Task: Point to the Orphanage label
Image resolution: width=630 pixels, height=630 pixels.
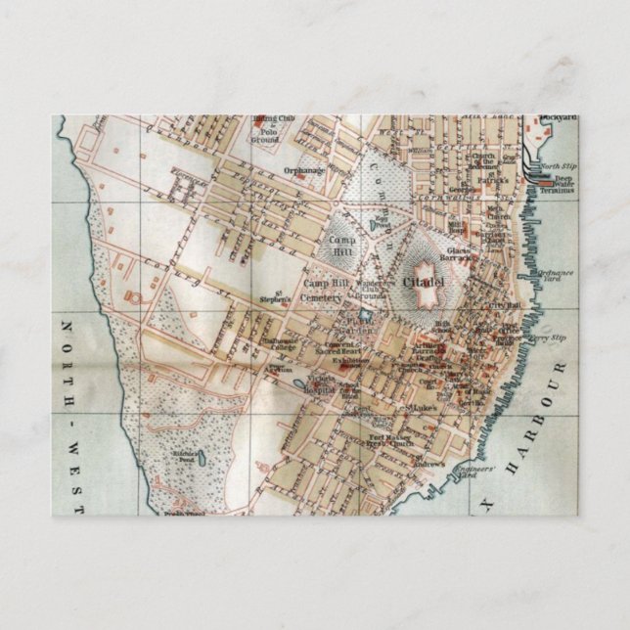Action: click(x=303, y=169)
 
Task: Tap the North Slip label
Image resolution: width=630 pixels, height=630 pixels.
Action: click(x=561, y=166)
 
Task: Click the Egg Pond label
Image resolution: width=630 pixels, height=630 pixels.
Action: click(x=382, y=224)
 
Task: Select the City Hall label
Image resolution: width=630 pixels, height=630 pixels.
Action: click(x=505, y=306)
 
